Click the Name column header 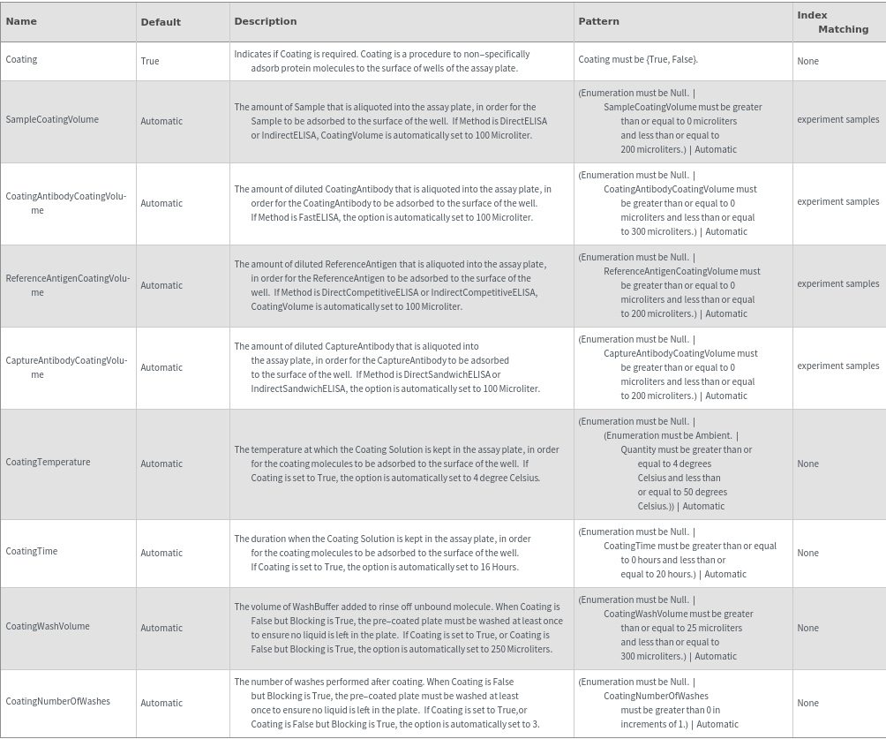[21, 21]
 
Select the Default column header [161, 22]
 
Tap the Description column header [265, 21]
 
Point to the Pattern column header [598, 21]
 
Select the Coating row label [21, 59]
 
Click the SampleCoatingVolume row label [52, 119]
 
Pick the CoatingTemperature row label [48, 462]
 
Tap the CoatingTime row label [32, 551]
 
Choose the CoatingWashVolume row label [48, 626]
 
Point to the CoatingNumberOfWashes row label [58, 701]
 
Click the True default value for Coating [150, 61]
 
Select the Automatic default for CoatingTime [161, 553]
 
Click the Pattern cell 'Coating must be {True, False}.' [638, 59]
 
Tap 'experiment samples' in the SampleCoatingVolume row [837, 119]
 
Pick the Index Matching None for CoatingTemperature [807, 464]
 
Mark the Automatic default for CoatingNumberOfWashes [161, 703]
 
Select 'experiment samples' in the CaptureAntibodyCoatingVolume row [837, 366]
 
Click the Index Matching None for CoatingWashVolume [807, 628]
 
